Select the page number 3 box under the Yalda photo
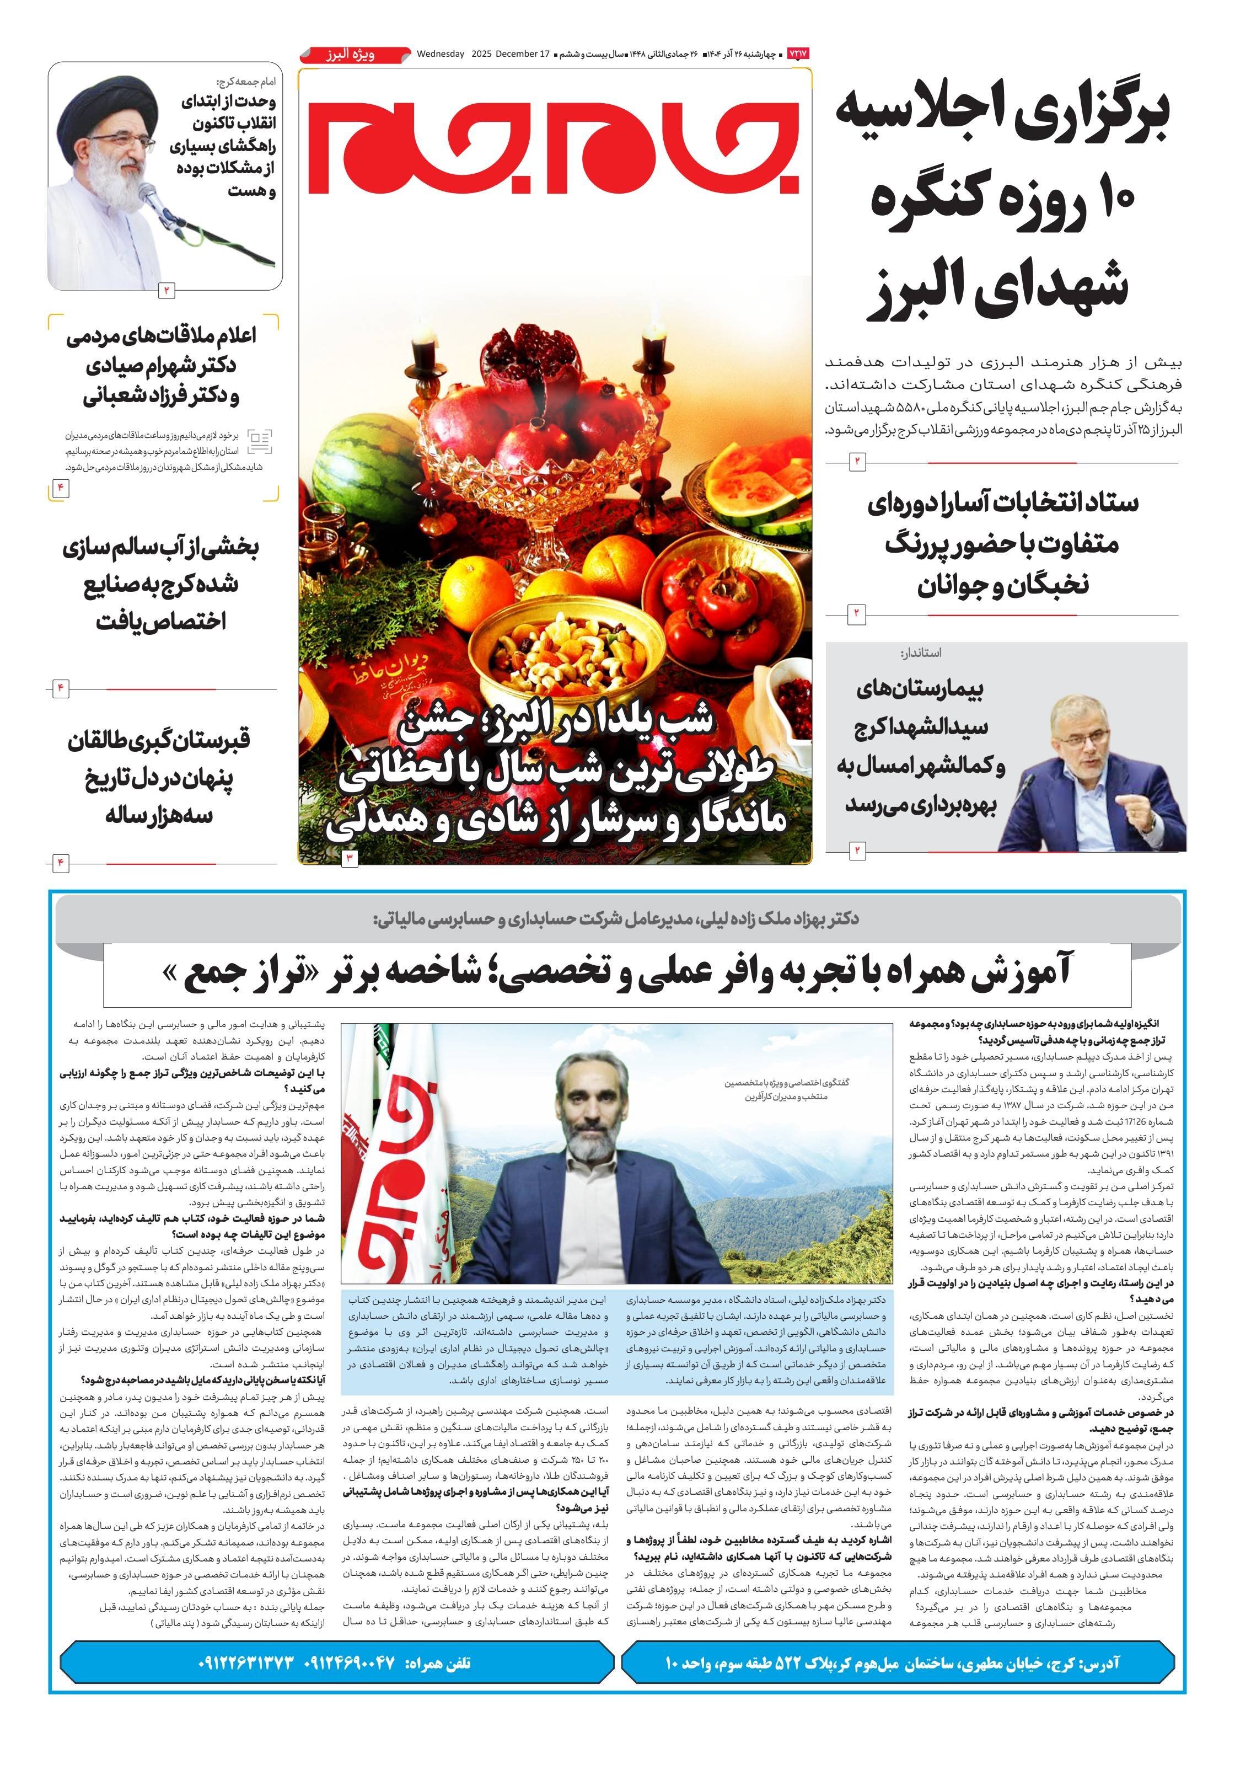350,857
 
